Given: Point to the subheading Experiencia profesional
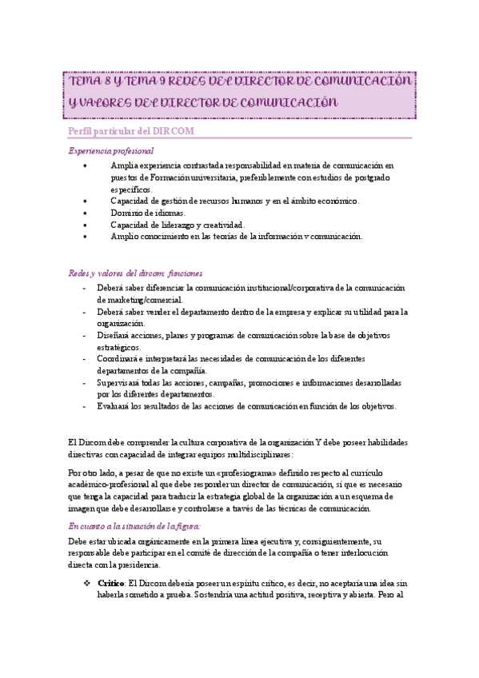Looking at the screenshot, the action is pyautogui.click(x=111, y=150).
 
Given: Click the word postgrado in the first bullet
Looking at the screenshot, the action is pyautogui.click(x=366, y=177).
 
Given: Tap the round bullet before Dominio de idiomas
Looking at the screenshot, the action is pyautogui.click(x=86, y=213).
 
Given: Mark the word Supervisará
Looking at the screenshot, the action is pyautogui.click(x=119, y=383).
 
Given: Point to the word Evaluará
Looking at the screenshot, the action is pyautogui.click(x=114, y=407).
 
